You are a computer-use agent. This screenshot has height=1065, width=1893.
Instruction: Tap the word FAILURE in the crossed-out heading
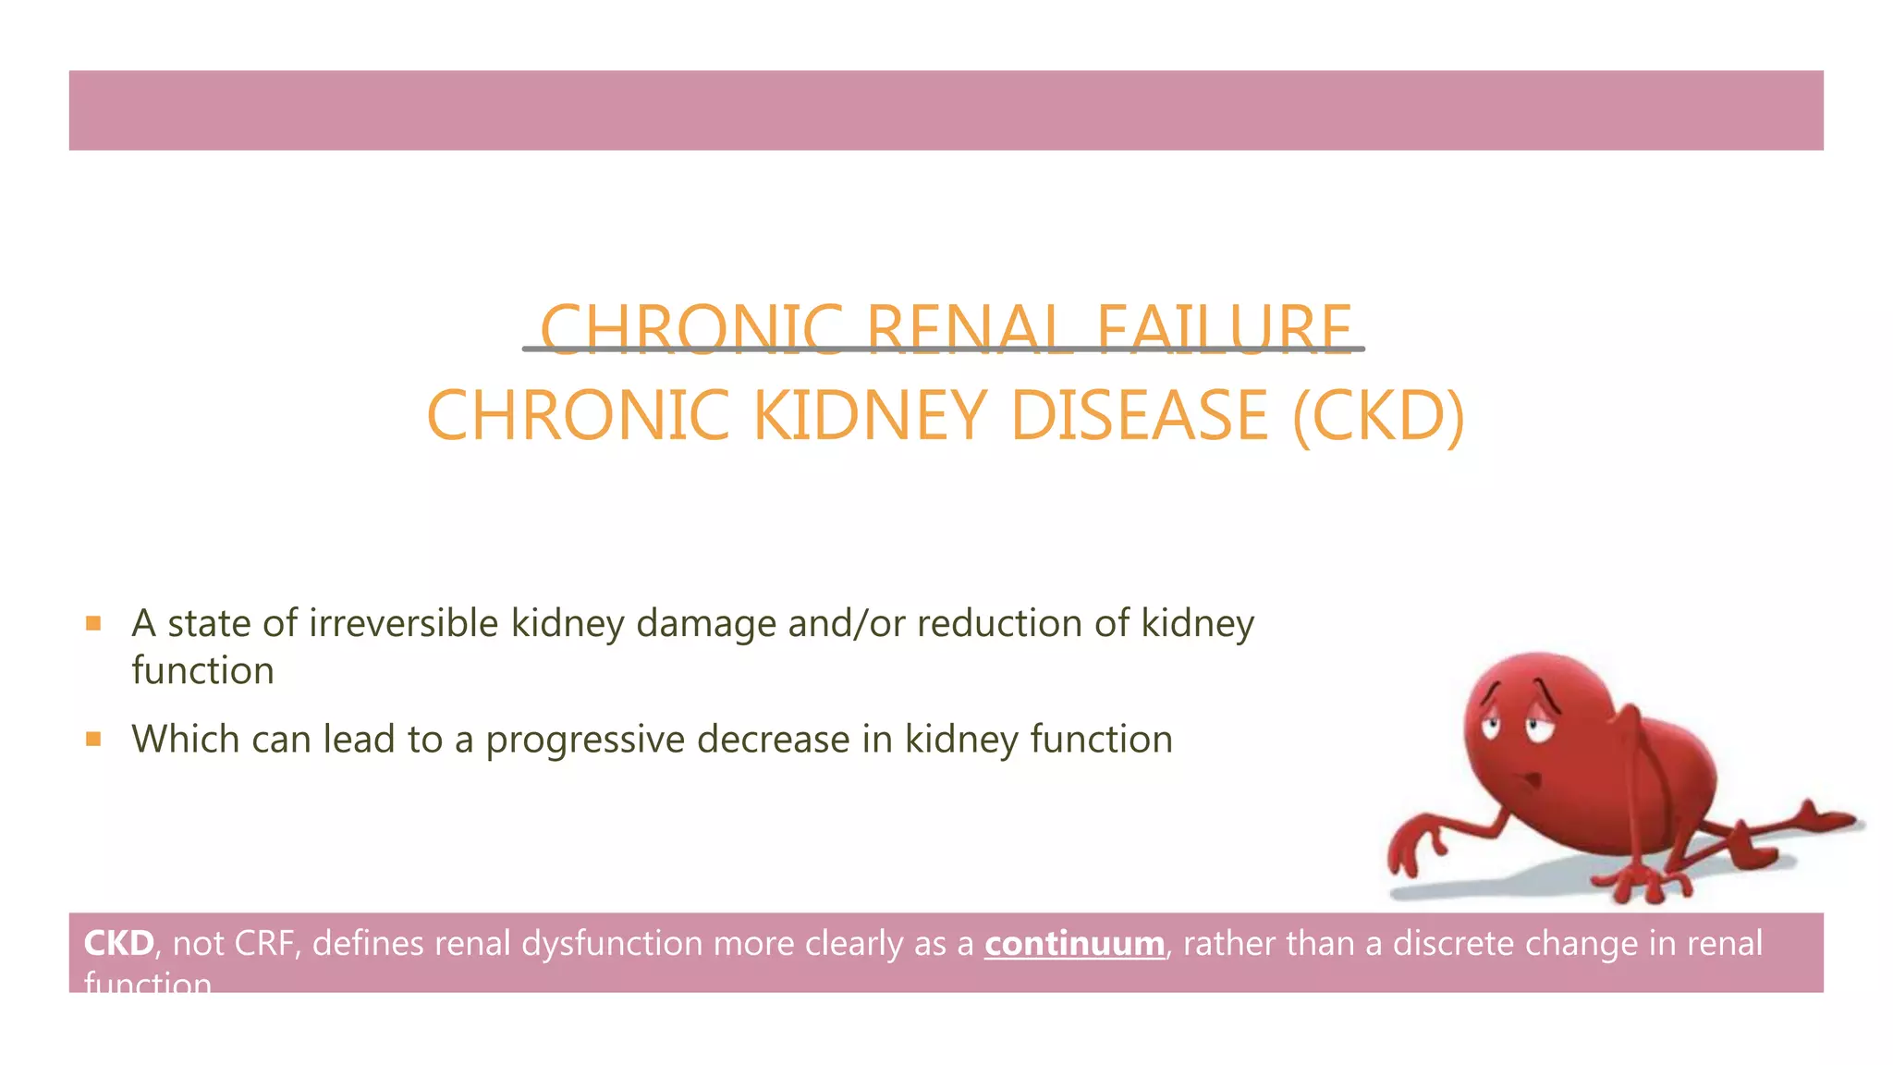click(x=1224, y=330)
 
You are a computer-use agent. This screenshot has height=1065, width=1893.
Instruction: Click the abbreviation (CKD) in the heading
click(x=1378, y=415)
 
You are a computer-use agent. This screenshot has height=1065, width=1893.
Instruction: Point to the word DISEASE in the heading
click(x=1140, y=415)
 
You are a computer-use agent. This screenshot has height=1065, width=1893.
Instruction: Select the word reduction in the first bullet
click(x=999, y=623)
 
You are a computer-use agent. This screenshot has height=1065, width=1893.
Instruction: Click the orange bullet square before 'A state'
click(x=92, y=623)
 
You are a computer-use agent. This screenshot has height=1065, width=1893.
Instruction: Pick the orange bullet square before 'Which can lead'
click(x=92, y=739)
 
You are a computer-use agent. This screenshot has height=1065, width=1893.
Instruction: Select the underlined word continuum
click(x=1074, y=944)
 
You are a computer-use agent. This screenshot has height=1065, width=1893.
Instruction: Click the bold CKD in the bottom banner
click(x=118, y=944)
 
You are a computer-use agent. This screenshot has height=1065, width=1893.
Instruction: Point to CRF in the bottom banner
click(x=264, y=944)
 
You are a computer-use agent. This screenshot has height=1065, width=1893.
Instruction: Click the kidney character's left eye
click(x=1490, y=726)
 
